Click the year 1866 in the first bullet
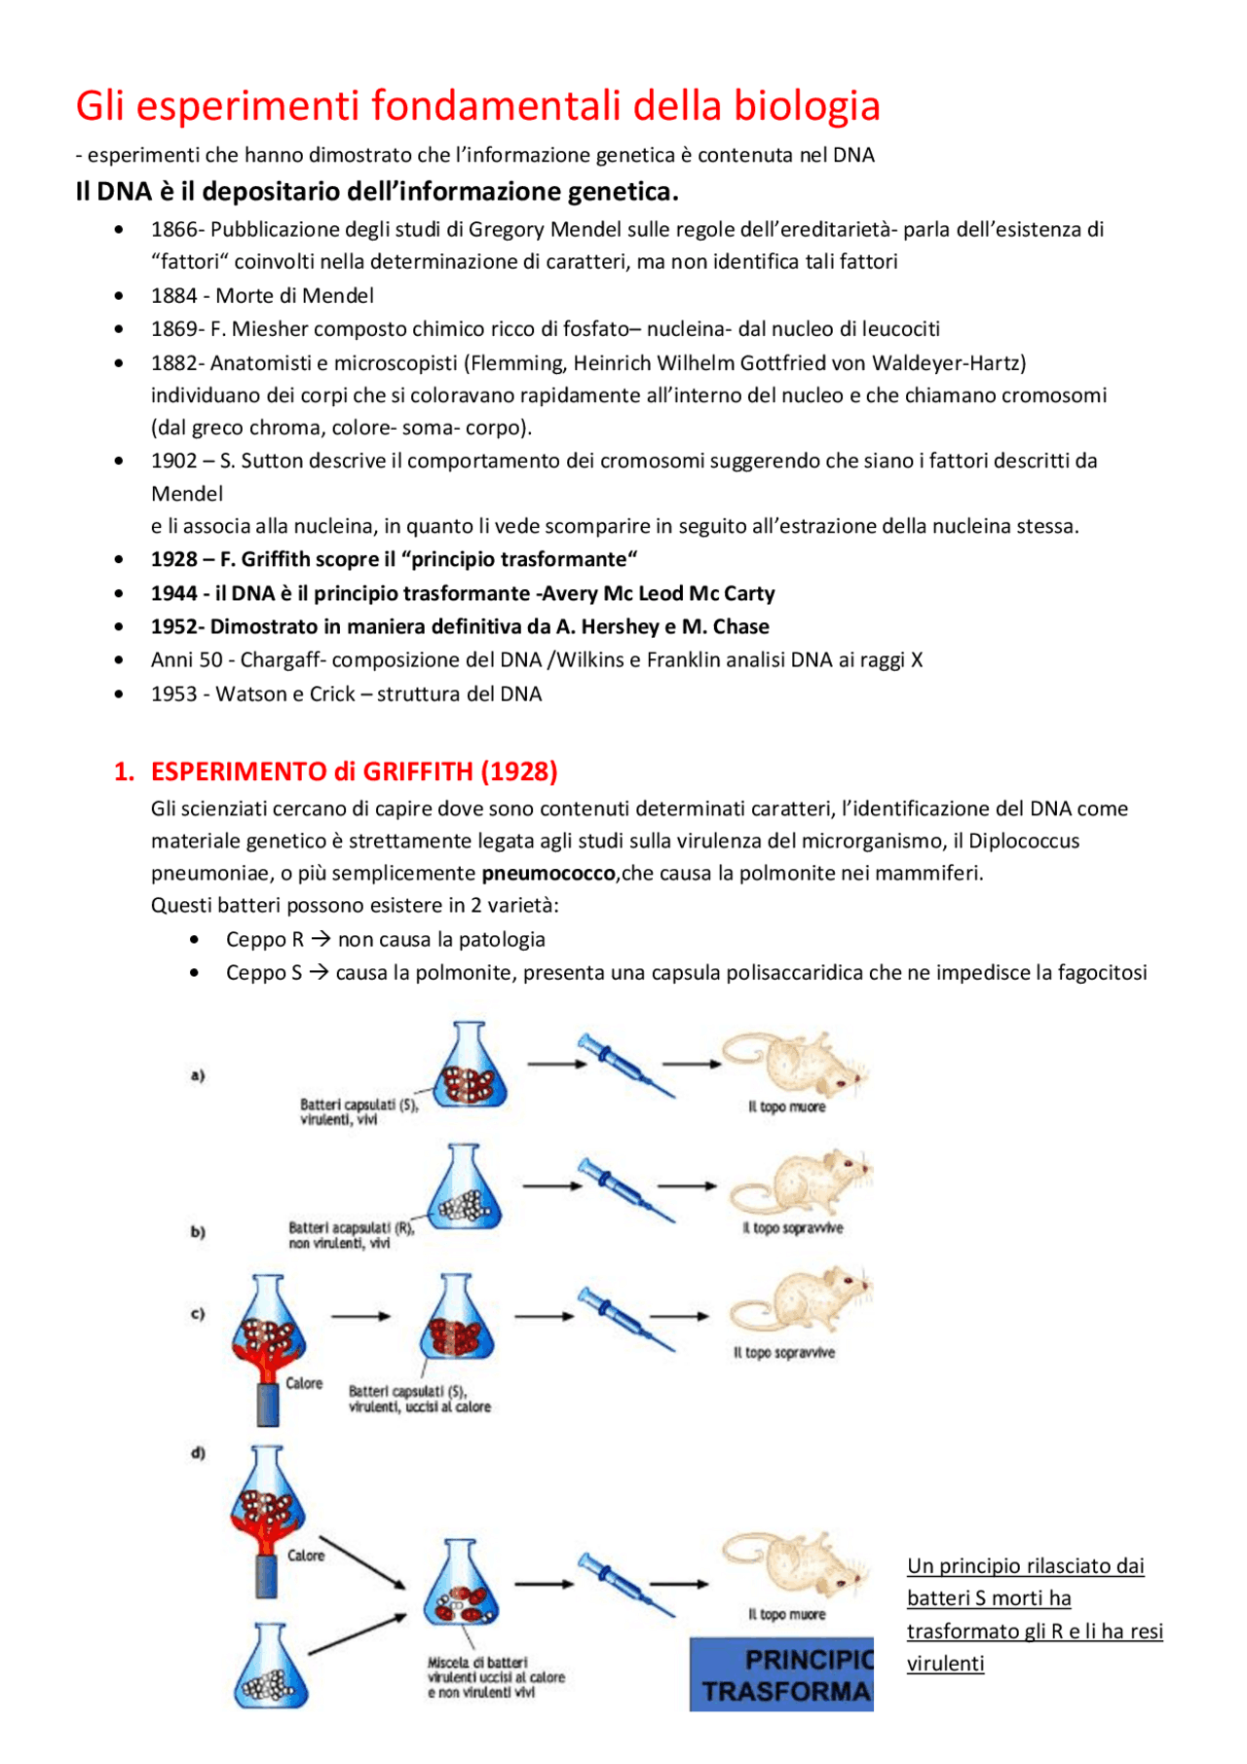(173, 230)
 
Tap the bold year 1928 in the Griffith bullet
(173, 560)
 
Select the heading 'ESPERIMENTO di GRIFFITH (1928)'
(354, 772)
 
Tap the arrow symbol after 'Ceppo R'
(321, 940)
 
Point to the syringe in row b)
(623, 1188)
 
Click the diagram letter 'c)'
(198, 1314)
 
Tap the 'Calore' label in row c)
(304, 1383)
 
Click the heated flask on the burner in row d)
(266, 1500)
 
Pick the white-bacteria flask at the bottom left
(270, 1668)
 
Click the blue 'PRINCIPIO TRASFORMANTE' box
(781, 1674)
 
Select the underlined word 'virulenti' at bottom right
(945, 1664)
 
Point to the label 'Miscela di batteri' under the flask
(476, 1663)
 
